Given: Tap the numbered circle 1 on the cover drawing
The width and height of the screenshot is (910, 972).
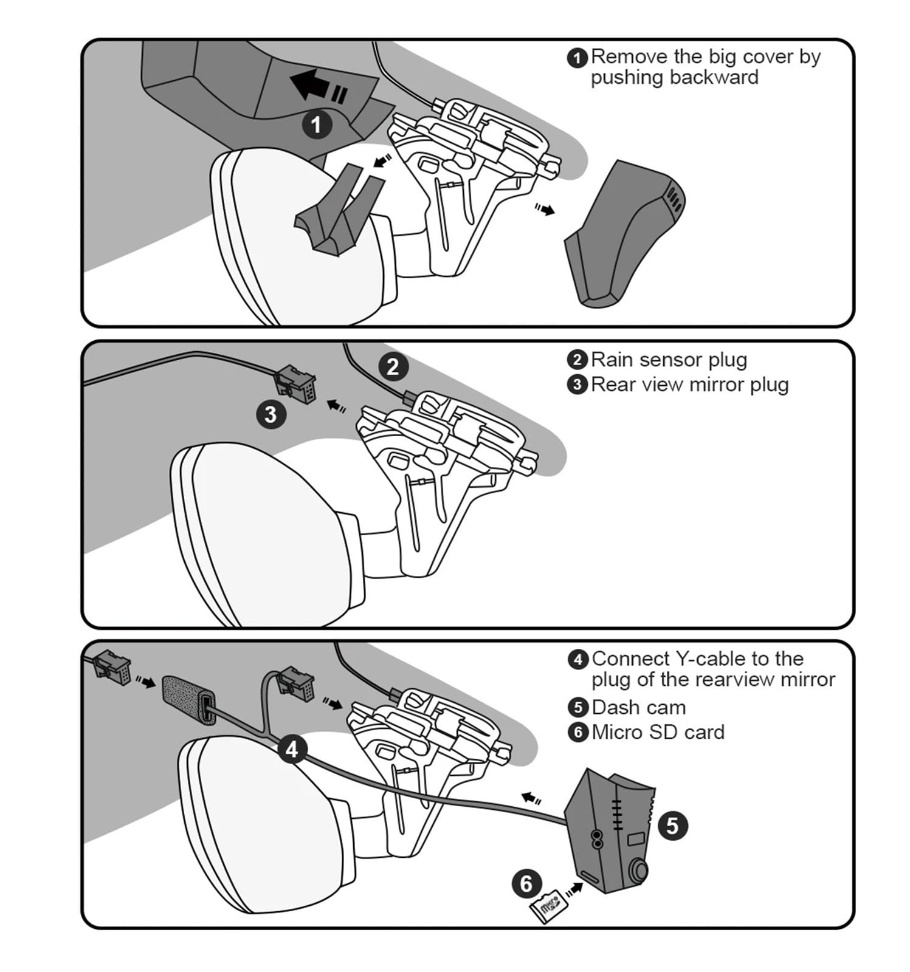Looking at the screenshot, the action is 317,125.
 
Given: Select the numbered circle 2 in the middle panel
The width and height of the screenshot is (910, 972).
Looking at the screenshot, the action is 393,366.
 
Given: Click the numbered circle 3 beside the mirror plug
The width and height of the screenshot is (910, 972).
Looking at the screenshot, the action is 271,414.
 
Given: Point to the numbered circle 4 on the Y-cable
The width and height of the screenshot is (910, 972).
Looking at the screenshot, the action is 292,749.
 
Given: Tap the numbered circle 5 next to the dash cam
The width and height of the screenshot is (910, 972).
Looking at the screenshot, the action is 672,826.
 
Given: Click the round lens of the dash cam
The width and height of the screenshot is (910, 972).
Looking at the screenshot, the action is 638,871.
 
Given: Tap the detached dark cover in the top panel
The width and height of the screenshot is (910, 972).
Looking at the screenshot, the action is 625,234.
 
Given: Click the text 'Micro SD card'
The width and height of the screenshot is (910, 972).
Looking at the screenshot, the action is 658,732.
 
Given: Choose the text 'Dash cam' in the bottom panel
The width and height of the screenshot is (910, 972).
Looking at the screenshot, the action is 638,707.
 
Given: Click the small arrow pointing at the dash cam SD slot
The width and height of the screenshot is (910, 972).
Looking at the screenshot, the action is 574,890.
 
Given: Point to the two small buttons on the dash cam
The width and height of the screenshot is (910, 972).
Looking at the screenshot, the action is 597,838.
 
